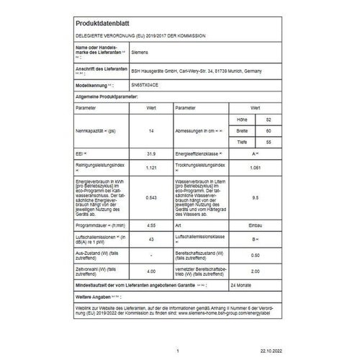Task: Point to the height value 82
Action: point(269,119)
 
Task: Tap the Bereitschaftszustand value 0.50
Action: point(268,254)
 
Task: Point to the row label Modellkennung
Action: point(92,84)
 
